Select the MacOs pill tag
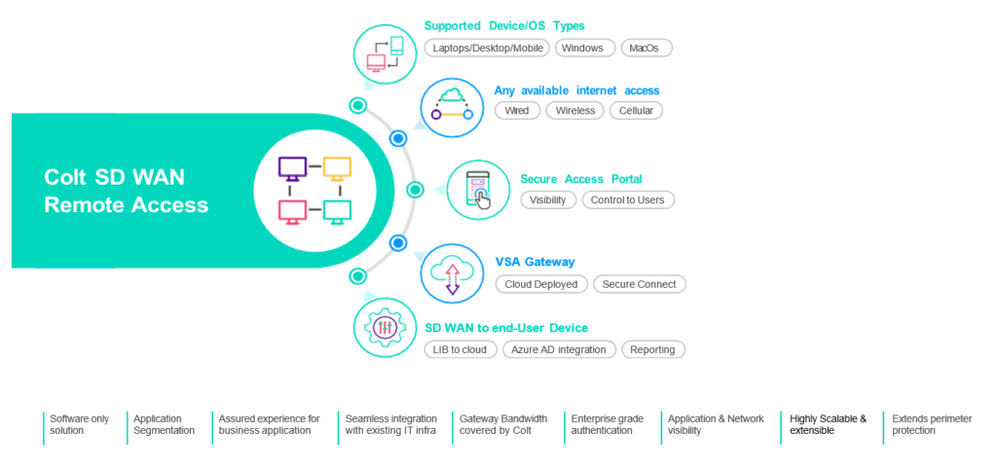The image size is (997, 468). coord(646,49)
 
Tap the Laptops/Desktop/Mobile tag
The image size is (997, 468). coord(487,49)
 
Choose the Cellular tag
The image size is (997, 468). coord(636,111)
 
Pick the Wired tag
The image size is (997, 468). coord(517,111)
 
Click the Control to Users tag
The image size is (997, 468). coord(628,200)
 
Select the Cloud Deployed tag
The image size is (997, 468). coord(541,284)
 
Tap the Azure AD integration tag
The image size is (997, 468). coord(559,350)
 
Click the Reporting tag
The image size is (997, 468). coord(653,350)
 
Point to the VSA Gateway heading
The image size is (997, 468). coord(535,262)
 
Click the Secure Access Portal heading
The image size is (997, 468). coord(581,179)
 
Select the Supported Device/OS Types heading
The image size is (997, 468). coord(504,26)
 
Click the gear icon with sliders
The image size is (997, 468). coord(386,327)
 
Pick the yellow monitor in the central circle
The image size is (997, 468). coord(337,169)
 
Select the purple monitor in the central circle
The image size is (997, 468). coord(292,169)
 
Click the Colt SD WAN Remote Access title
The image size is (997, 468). coord(126,191)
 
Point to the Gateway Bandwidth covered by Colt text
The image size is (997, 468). coord(503,425)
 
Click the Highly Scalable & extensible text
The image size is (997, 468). coord(828,425)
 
